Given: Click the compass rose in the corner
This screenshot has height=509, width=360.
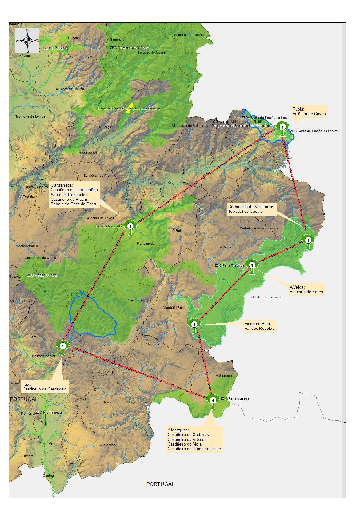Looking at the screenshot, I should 27,41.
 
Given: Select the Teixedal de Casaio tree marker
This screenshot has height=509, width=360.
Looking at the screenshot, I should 308,240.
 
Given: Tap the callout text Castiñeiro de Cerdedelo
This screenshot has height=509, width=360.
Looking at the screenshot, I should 45,389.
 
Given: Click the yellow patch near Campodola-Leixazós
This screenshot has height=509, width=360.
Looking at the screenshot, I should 130,108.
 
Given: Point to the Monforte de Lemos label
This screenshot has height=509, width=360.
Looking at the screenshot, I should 31,116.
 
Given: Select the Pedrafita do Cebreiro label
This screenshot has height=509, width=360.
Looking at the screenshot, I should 190,35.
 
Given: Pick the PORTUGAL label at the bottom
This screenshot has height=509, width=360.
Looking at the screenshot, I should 160,484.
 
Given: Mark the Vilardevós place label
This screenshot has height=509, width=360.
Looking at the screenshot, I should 108,445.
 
